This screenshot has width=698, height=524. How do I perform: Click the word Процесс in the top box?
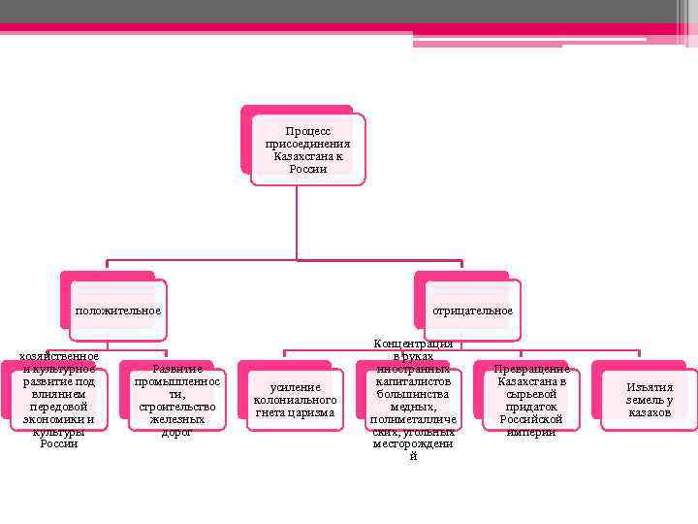(x=307, y=130)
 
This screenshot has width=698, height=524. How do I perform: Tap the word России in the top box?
(x=307, y=169)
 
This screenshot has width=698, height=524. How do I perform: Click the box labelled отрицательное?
(x=472, y=311)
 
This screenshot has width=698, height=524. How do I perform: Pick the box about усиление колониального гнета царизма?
(x=294, y=400)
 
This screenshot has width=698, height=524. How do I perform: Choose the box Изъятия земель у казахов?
(x=649, y=400)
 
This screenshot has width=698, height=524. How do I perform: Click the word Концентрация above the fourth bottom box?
(x=413, y=344)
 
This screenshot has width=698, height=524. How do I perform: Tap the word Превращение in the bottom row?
(x=531, y=370)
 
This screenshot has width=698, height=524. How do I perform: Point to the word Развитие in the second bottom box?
(x=177, y=370)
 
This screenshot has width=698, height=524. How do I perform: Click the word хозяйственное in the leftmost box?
(x=59, y=356)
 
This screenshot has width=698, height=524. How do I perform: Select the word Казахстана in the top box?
(x=307, y=156)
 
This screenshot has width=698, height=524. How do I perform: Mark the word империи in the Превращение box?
(x=531, y=432)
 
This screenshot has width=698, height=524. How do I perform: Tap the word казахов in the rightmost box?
(x=649, y=412)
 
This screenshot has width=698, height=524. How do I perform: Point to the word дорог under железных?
(x=176, y=432)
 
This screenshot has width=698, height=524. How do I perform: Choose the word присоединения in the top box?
(x=307, y=144)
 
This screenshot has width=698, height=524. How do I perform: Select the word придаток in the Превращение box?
(x=531, y=407)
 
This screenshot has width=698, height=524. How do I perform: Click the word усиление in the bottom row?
(x=295, y=387)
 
